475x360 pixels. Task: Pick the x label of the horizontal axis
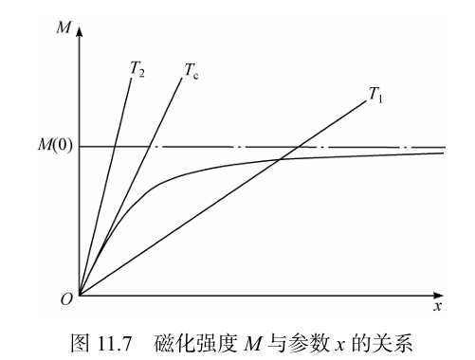(437, 307)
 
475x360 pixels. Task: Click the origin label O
(65, 299)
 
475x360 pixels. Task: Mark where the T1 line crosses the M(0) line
(298, 147)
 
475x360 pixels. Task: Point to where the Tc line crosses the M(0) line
(150, 147)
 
